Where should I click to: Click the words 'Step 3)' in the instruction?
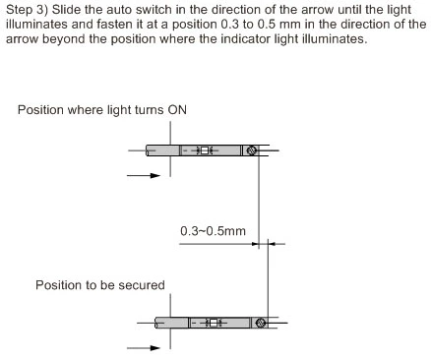[28, 9]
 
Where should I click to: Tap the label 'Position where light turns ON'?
[102, 109]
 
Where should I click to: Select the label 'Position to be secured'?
[100, 284]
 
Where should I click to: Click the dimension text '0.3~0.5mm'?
[213, 230]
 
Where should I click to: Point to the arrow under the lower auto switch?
[144, 347]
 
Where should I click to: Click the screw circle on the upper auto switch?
[250, 150]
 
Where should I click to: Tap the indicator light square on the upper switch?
[206, 150]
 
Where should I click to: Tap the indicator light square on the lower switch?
[215, 323]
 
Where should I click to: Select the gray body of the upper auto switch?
[162, 150]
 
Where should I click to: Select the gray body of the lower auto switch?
[172, 323]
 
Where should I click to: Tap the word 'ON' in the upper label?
[177, 109]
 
